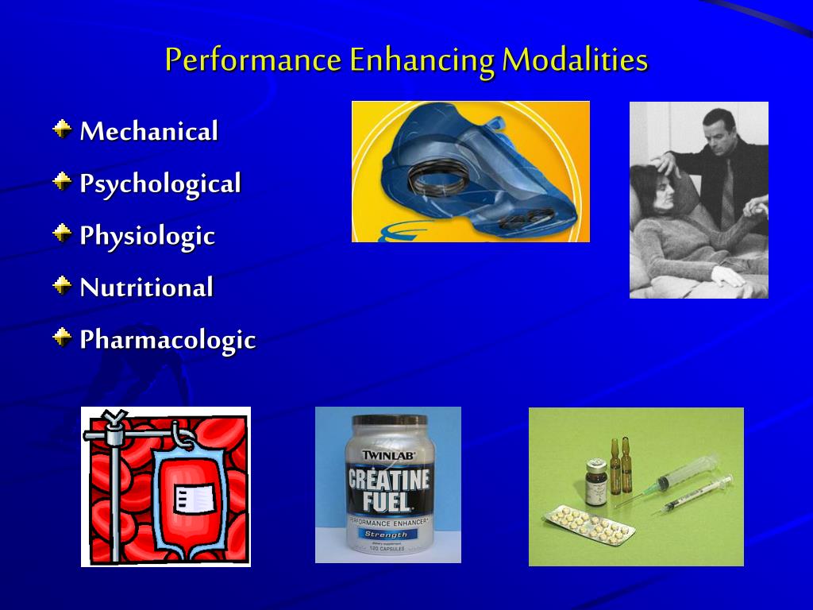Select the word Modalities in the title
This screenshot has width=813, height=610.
[575, 60]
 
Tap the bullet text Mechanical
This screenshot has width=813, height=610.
[148, 132]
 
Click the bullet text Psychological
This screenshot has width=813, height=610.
[160, 184]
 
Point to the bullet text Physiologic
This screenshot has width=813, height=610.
[147, 236]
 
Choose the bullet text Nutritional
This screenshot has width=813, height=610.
[146, 288]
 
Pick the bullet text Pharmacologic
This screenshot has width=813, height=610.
[168, 340]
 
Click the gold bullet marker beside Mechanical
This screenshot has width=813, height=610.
[63, 129]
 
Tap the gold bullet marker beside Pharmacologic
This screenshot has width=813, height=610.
[63, 338]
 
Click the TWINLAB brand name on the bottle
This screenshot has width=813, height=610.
[388, 454]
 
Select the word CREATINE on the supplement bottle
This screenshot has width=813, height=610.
[389, 480]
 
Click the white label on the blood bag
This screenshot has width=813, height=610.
[195, 498]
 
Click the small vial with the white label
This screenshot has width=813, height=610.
[595, 482]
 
